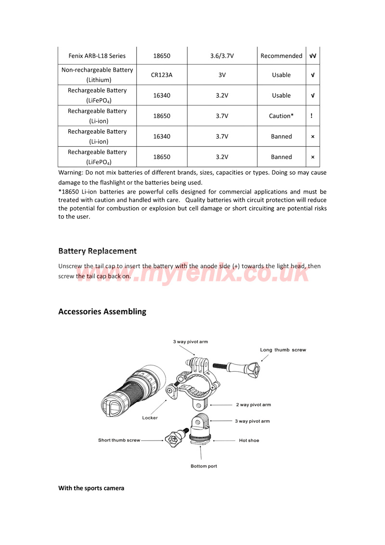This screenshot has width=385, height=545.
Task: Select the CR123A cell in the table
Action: pyautogui.click(x=162, y=75)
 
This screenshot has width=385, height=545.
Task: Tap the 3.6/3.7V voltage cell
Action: pyautogui.click(x=222, y=56)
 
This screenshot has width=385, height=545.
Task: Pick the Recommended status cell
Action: pyautogui.click(x=281, y=56)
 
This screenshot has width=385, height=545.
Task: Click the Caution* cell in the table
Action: pyautogui.click(x=281, y=116)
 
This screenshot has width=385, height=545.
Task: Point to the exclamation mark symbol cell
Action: pyautogui.click(x=312, y=116)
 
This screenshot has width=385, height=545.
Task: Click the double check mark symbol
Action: pyautogui.click(x=312, y=56)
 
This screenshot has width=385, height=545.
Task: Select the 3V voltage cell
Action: pyautogui.click(x=222, y=75)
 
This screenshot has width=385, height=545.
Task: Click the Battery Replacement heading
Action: pyautogui.click(x=97, y=251)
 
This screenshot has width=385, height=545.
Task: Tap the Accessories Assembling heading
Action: pyautogui.click(x=102, y=311)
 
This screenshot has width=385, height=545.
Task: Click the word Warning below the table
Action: pyautogui.click(x=71, y=173)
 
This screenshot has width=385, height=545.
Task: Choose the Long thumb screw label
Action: pyautogui.click(x=283, y=350)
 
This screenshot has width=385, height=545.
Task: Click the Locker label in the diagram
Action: pyautogui.click(x=150, y=418)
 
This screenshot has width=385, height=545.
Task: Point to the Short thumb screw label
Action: pyautogui.click(x=119, y=440)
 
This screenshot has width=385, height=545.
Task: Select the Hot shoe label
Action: pyautogui.click(x=249, y=441)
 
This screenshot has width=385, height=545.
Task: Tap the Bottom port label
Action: pyautogui.click(x=204, y=466)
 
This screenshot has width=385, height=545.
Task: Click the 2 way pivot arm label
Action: pyautogui.click(x=253, y=405)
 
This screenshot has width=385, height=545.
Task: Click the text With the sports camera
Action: pyautogui.click(x=91, y=488)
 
